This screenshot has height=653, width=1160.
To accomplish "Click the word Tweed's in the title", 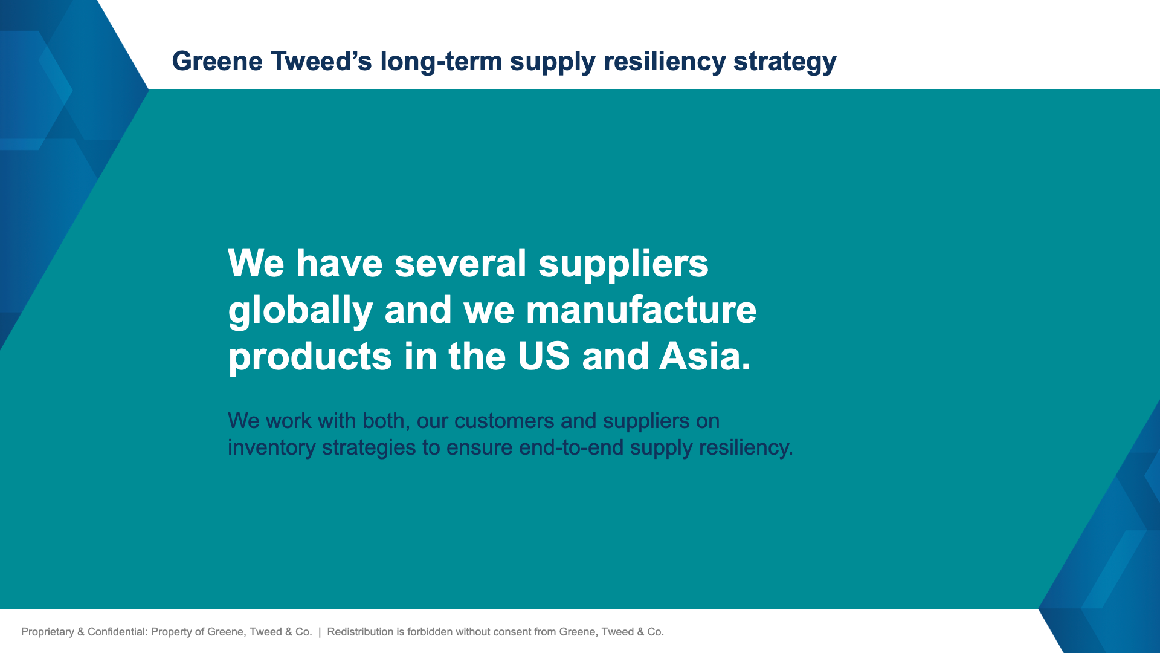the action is [x=321, y=62].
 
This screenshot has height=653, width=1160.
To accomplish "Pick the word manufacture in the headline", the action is [x=641, y=310].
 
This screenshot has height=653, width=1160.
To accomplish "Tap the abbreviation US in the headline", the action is [x=544, y=356].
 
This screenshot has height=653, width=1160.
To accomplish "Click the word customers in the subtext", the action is [x=504, y=421].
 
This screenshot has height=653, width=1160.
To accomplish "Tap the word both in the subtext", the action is [x=383, y=421].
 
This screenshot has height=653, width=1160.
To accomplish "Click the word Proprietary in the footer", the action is [x=47, y=632].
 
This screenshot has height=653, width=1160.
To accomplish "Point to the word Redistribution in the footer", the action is [x=360, y=632].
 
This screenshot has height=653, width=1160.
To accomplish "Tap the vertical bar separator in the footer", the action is [x=320, y=632].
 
